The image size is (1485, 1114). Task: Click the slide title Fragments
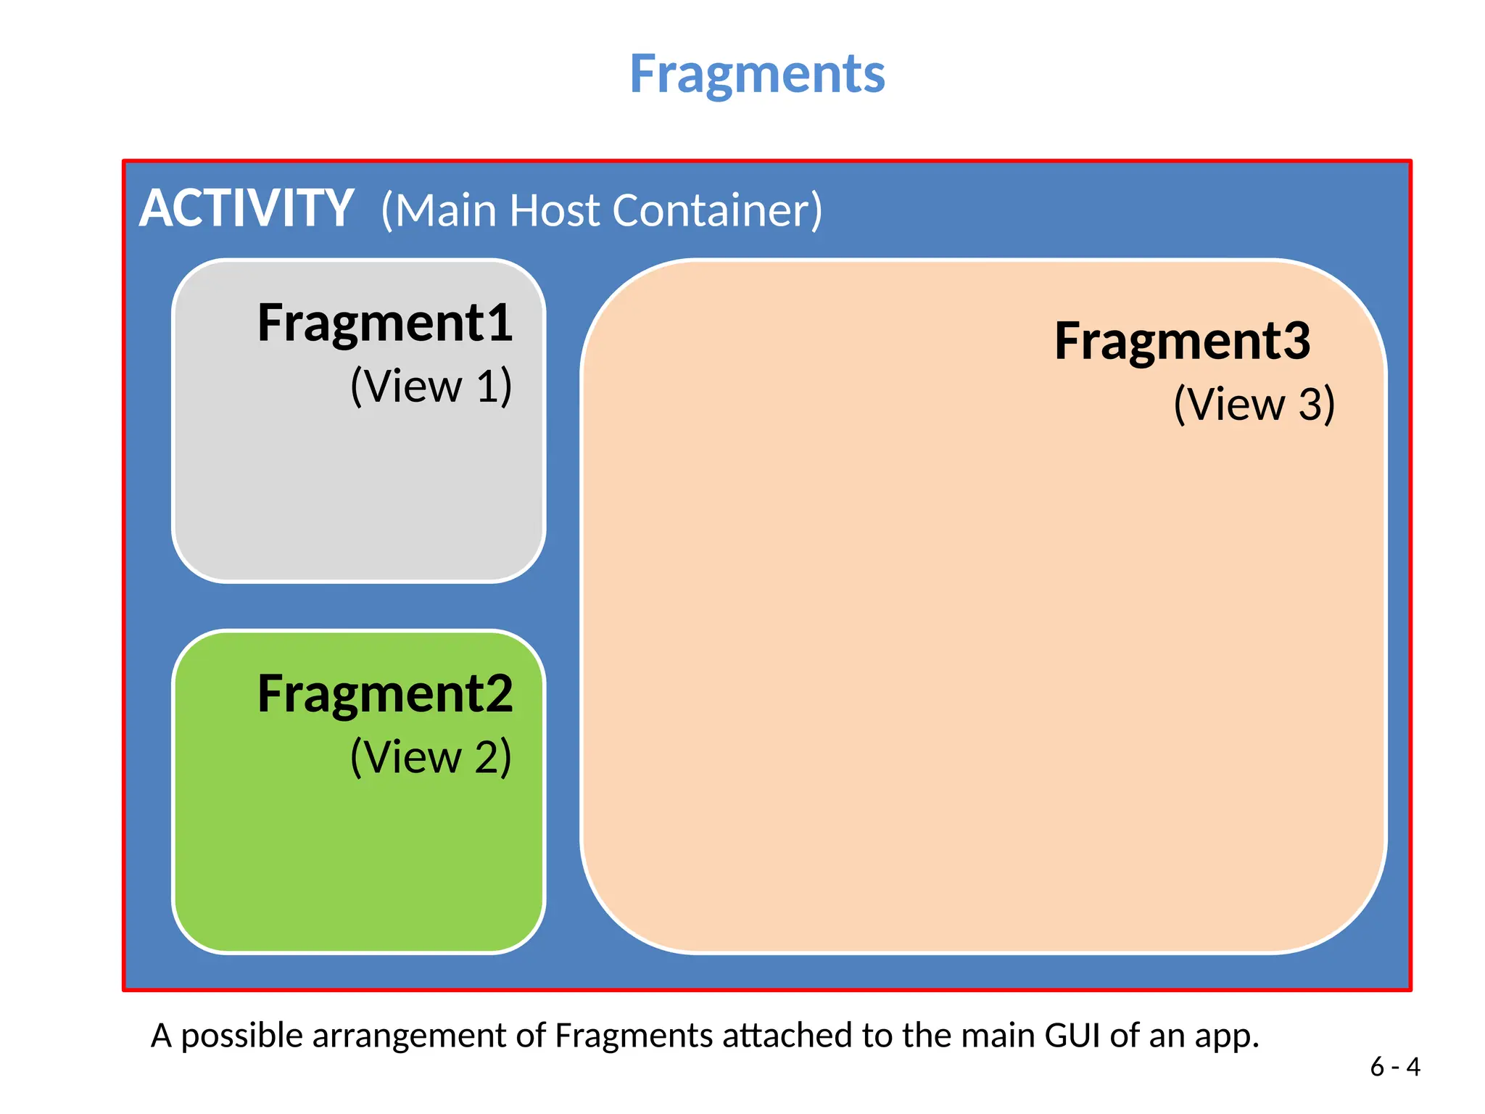tap(757, 74)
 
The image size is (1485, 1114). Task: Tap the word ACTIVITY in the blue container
tap(247, 209)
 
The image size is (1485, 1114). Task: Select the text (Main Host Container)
tap(602, 210)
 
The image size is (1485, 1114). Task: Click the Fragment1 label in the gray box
tap(385, 323)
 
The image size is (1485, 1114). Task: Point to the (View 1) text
tap(431, 386)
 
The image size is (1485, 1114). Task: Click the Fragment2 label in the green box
tap(385, 694)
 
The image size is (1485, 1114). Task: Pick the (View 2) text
tap(431, 757)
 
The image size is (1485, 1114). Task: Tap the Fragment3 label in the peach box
tap(1182, 341)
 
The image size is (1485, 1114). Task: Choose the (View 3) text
tap(1254, 404)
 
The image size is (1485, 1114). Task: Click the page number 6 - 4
tap(1394, 1067)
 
